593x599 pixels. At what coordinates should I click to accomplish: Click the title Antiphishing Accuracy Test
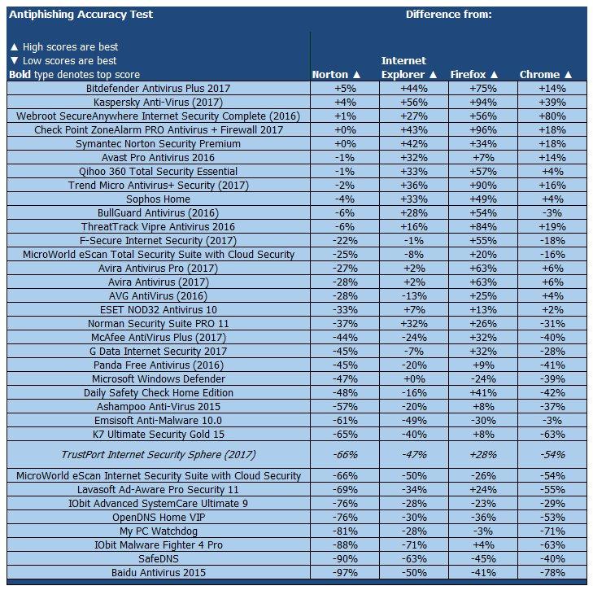(x=81, y=14)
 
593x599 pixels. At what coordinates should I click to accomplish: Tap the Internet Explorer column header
(x=404, y=68)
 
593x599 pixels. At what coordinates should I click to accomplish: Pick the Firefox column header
(x=476, y=74)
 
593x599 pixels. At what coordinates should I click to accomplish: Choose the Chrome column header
(x=545, y=74)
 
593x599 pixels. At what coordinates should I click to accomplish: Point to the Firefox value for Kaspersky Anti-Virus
(x=476, y=102)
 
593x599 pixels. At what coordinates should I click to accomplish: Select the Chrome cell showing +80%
(x=545, y=116)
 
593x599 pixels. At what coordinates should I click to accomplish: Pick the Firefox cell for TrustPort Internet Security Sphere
(x=476, y=454)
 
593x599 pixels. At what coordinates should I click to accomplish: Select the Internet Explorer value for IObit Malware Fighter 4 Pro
(x=404, y=544)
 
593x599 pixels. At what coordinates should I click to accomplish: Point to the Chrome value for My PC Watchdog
(x=545, y=531)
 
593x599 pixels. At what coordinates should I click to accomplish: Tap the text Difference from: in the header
(x=448, y=14)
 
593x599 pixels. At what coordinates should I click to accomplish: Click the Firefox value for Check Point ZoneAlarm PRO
(x=476, y=129)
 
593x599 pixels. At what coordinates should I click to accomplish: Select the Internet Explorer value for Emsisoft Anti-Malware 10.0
(x=404, y=420)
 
